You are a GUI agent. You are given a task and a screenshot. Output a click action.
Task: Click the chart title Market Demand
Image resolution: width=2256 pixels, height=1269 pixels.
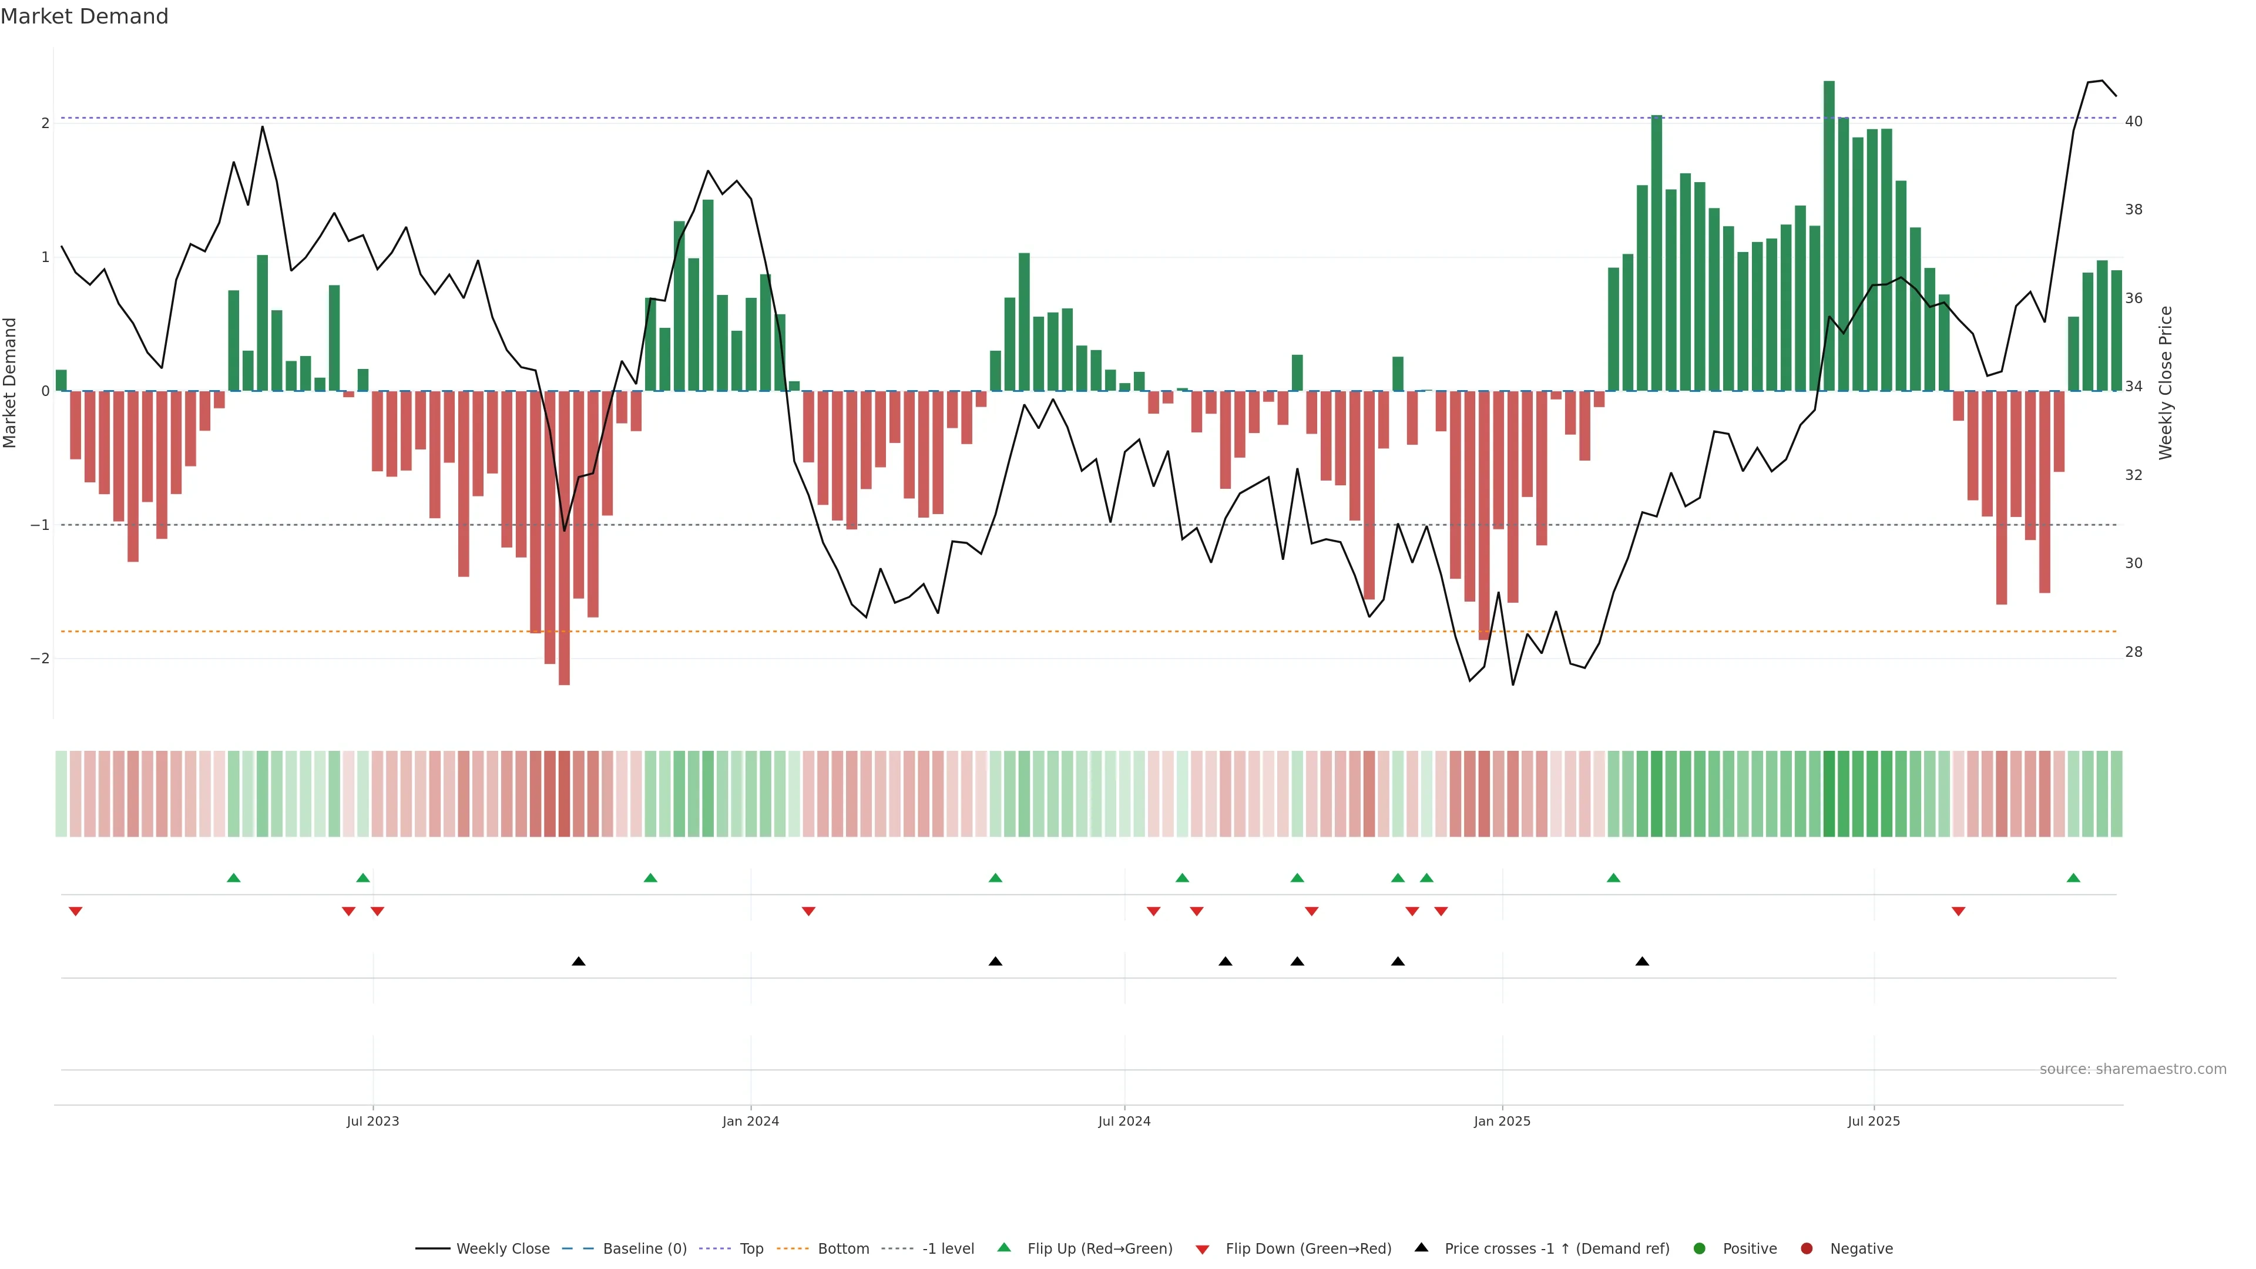[x=84, y=16]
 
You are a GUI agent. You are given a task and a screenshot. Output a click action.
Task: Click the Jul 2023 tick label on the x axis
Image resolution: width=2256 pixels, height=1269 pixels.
[x=372, y=1121]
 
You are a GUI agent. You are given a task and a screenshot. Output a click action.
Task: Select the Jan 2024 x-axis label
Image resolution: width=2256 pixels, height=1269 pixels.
[x=751, y=1121]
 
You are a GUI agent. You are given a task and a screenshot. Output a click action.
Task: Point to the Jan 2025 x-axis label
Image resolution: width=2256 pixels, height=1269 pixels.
[x=1502, y=1121]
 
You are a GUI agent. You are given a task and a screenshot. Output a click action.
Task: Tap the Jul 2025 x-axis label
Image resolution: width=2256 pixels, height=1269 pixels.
[x=1874, y=1121]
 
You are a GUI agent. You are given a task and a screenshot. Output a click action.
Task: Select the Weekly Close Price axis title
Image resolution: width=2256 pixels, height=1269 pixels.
[x=2166, y=382]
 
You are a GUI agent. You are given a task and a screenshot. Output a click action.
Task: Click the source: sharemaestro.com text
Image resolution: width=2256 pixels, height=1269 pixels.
[x=2133, y=1069]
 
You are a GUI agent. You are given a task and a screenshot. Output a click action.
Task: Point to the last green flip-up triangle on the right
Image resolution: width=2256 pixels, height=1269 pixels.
[x=2073, y=878]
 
